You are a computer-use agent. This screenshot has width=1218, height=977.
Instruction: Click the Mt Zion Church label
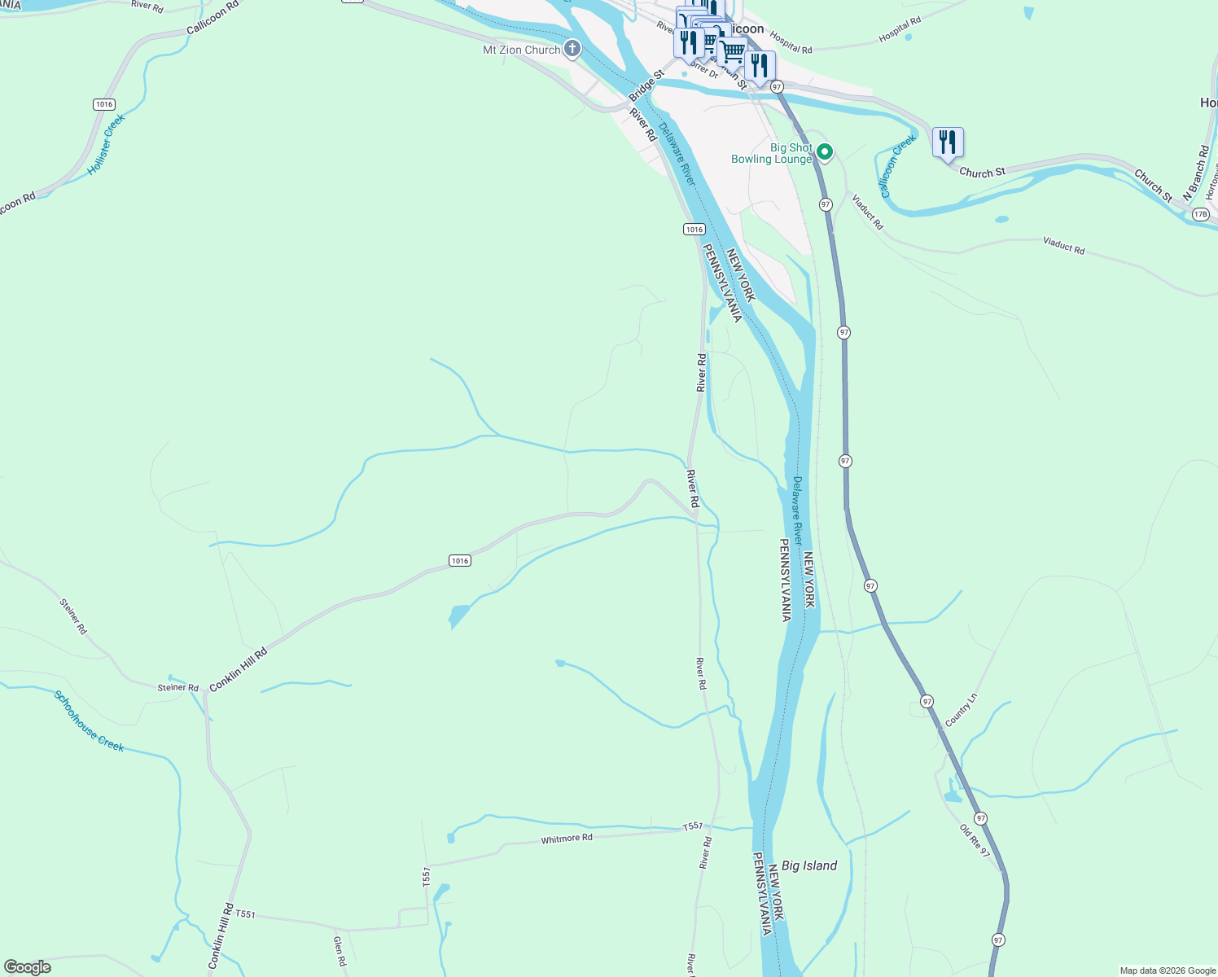pos(521,50)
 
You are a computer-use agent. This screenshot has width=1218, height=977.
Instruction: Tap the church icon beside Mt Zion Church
pos(572,50)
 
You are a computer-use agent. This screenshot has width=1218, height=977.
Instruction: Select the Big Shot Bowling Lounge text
pos(771,153)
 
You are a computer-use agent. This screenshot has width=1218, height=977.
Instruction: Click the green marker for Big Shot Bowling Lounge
pos(825,151)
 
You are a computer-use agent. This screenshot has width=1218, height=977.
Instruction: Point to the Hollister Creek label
pos(107,143)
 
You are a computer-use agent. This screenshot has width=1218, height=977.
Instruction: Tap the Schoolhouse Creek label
pos(89,721)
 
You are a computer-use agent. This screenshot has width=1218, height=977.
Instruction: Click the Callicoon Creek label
pos(898,166)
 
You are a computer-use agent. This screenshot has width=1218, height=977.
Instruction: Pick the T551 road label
pos(245,914)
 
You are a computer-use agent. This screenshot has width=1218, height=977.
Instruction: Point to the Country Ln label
pos(961,711)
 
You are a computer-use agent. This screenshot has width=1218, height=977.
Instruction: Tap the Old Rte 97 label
pos(974,841)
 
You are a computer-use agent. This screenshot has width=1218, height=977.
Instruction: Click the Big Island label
pos(808,865)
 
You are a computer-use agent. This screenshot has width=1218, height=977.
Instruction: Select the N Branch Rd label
pos(1196,173)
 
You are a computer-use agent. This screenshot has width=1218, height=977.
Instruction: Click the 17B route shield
pos(1200,214)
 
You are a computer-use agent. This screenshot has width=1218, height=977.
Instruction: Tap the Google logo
pos(28,967)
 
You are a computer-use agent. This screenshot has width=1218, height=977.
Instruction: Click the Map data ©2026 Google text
pos(1167,970)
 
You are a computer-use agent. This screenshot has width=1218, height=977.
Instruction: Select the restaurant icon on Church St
pos(948,142)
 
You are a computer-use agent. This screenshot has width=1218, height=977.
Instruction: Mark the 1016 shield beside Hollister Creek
pos(103,104)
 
